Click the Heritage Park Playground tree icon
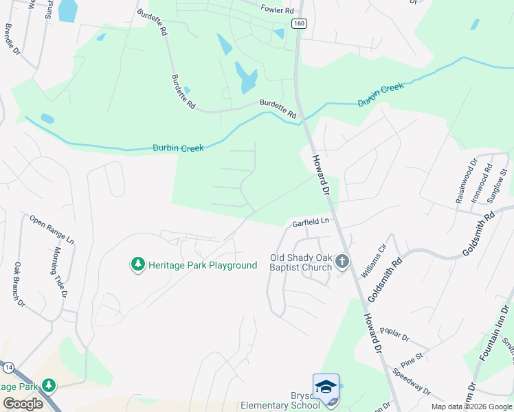point(137,264)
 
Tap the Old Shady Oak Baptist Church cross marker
point(342,261)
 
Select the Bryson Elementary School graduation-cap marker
point(326,386)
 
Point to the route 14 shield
point(7,368)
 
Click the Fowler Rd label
point(277,10)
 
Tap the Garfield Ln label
point(311,222)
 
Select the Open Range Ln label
point(52,229)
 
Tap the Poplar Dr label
point(394,338)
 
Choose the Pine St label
point(412,360)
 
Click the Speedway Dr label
point(412,381)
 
